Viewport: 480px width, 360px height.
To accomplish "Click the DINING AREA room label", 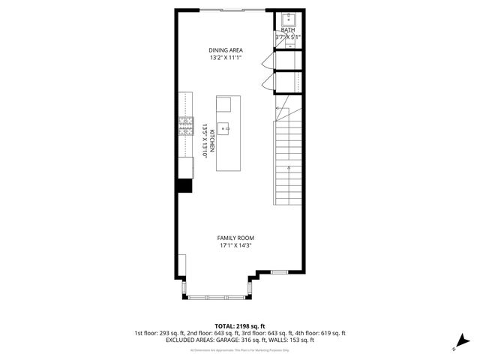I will click(226, 50).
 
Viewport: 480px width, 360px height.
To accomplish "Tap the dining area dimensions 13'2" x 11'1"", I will click(226, 58).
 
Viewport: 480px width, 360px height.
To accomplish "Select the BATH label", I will click(288, 30).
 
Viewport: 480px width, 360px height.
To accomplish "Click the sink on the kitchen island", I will click(224, 128).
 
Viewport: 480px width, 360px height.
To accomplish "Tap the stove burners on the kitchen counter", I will click(185, 128).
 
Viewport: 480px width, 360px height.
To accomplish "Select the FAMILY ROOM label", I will click(235, 237).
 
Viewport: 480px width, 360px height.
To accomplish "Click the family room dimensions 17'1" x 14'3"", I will click(235, 245).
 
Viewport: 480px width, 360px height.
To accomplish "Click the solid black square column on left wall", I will click(184, 187).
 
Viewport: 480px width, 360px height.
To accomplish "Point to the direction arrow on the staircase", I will click(280, 112).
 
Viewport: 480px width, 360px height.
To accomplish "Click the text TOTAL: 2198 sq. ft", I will click(240, 326).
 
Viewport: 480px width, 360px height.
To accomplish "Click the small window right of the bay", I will click(279, 271).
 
